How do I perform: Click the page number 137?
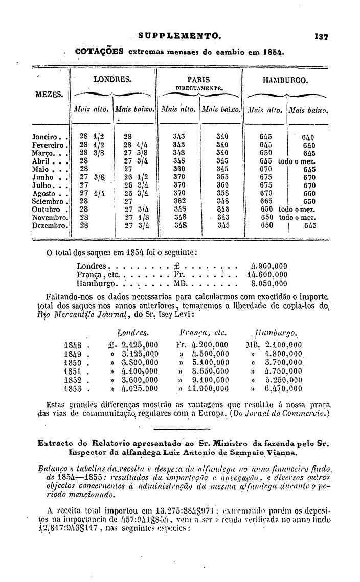pyautogui.click(x=322, y=37)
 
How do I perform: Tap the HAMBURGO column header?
pyautogui.click(x=285, y=80)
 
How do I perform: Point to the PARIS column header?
pyautogui.click(x=199, y=80)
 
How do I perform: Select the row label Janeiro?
pyautogui.click(x=48, y=137)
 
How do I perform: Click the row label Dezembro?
pyautogui.click(x=50, y=225)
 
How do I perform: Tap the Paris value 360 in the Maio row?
pyautogui.click(x=179, y=169)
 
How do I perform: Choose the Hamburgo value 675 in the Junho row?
pyautogui.click(x=266, y=177)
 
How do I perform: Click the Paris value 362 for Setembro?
pyautogui.click(x=179, y=201)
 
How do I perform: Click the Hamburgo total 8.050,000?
pyautogui.click(x=269, y=283)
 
